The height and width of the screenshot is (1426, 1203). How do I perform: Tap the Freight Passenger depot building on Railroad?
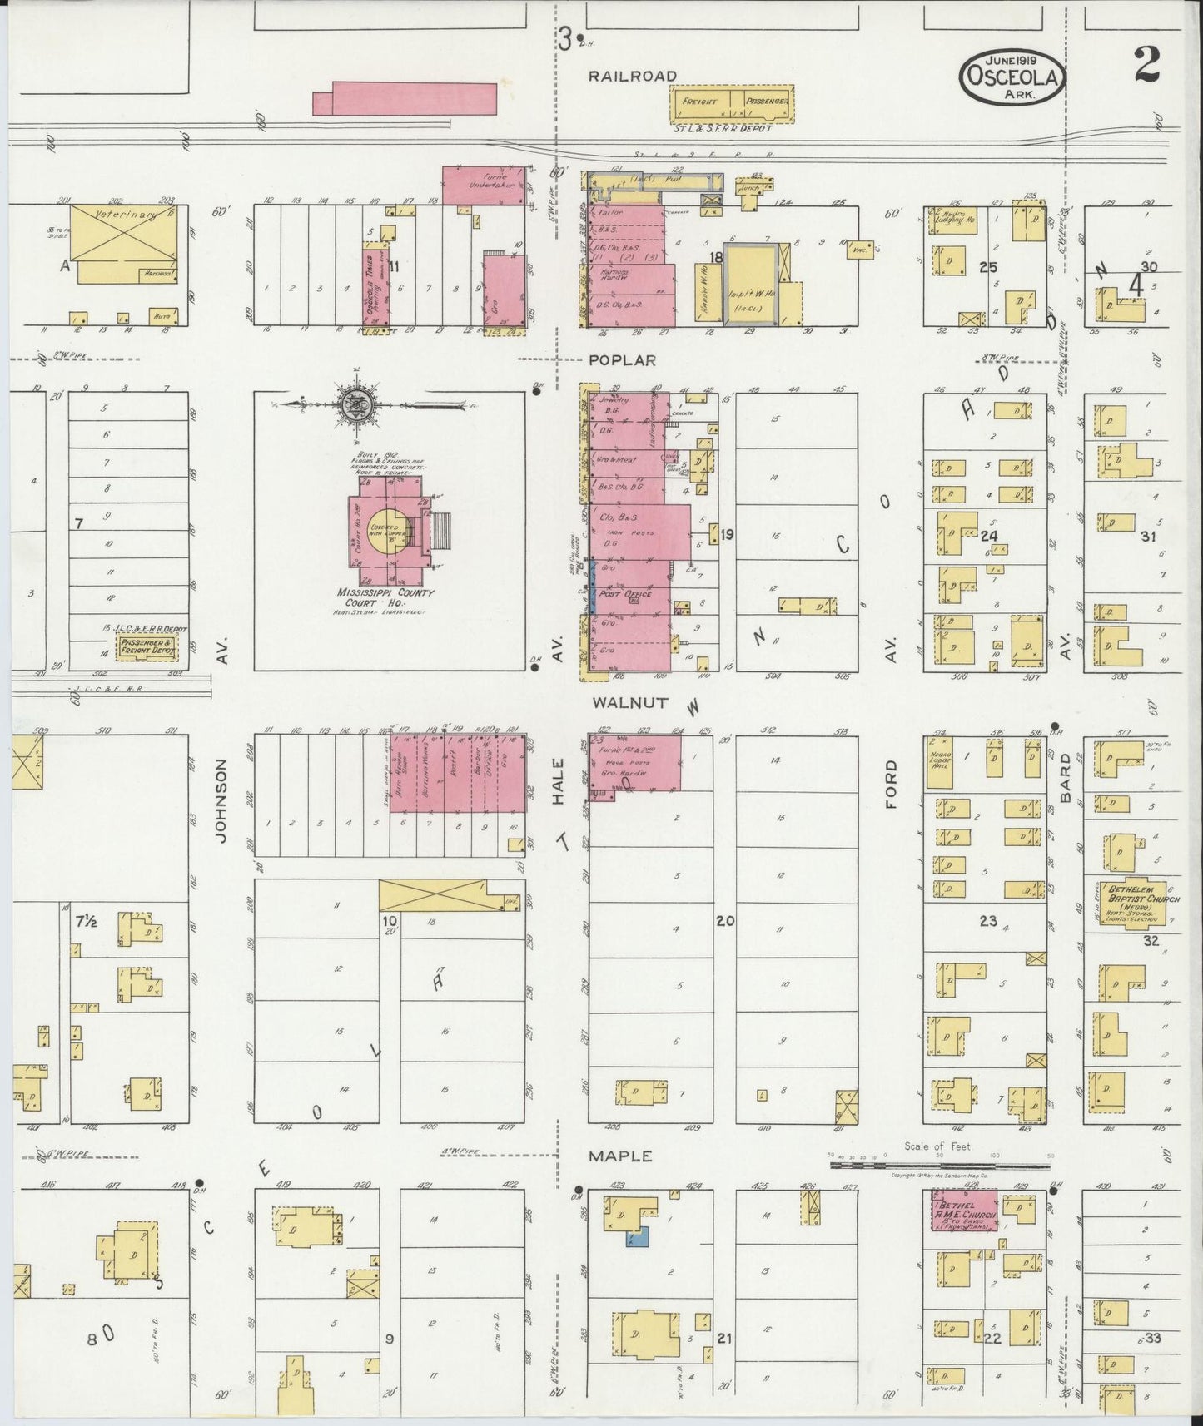pyautogui.click(x=732, y=103)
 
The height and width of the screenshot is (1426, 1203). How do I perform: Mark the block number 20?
pyautogui.click(x=724, y=921)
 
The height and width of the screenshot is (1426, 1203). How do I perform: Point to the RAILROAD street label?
pyautogui.click(x=633, y=76)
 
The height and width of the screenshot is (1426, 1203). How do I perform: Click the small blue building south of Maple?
pyautogui.click(x=637, y=1238)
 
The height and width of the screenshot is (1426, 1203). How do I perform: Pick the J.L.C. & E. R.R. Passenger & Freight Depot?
pyautogui.click(x=148, y=646)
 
